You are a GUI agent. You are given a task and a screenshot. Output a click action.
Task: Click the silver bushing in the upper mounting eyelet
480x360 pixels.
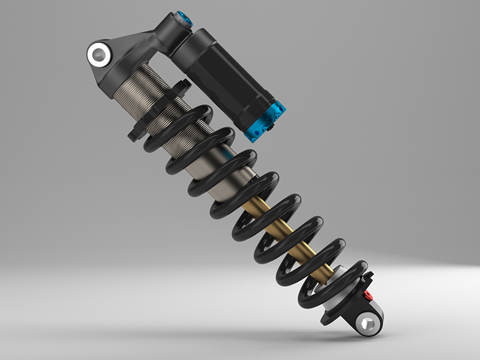tap(98, 55)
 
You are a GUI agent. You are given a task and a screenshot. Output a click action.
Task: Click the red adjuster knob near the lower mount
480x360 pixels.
tap(368, 296)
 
